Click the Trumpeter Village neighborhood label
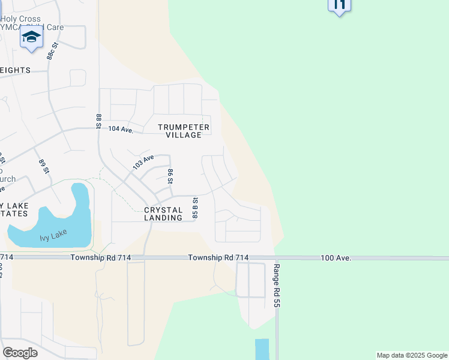(x=184, y=131)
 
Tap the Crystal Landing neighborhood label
(x=163, y=214)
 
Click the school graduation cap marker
(x=31, y=37)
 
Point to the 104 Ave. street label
(x=121, y=129)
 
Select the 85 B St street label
(x=195, y=208)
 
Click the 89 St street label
(x=43, y=167)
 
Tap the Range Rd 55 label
(x=277, y=286)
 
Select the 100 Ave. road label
(x=336, y=257)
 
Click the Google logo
(x=20, y=353)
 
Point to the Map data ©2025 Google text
(x=411, y=355)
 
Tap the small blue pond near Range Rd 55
(x=262, y=349)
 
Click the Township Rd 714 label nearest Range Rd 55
(x=218, y=257)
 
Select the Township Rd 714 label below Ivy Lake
(x=100, y=257)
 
